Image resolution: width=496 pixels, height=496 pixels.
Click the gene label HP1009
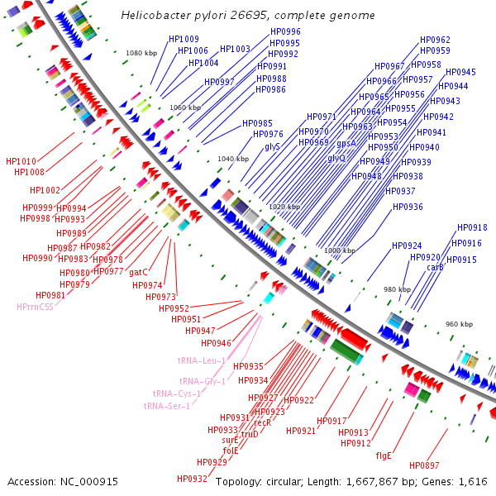[184, 40]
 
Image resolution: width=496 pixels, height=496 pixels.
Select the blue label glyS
[272, 146]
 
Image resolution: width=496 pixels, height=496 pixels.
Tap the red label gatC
[138, 272]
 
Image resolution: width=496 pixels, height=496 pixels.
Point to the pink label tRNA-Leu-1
[201, 361]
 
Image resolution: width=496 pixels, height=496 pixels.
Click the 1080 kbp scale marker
[141, 53]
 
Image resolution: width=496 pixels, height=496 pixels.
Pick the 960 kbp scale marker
[459, 324]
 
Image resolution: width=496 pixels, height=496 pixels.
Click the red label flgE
[384, 455]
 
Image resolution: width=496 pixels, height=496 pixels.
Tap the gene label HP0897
[424, 465]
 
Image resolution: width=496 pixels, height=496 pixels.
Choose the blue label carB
[435, 267]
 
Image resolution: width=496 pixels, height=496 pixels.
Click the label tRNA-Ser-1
[166, 406]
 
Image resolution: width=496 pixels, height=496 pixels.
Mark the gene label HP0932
[192, 479]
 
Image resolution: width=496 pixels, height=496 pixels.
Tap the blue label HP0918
[472, 228]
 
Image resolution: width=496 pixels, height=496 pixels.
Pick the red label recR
[262, 422]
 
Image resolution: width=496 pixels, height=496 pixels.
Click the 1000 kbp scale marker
[338, 250]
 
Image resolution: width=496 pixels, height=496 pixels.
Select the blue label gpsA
[346, 143]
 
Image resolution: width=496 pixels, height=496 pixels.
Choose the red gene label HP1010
[21, 161]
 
